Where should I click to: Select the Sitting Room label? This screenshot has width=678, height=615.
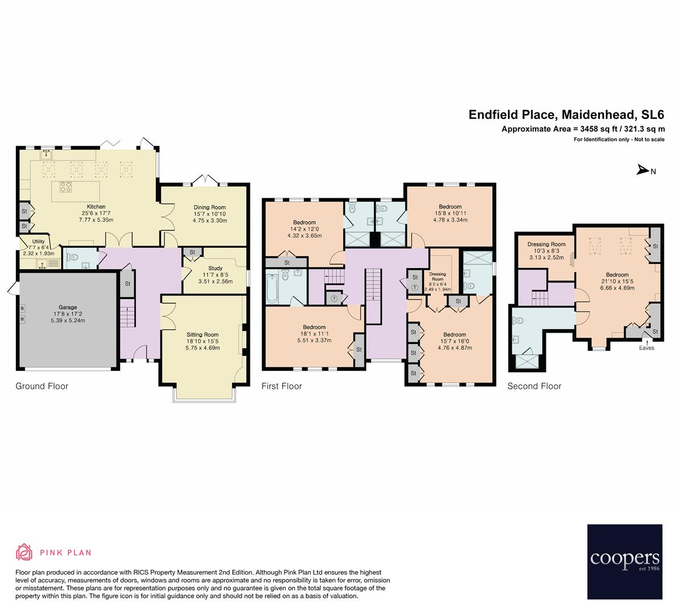[x=202, y=335]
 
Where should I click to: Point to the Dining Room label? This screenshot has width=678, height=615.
[x=209, y=207]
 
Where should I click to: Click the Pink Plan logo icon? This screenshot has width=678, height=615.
[x=24, y=552]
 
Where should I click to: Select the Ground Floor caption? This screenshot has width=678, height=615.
[x=42, y=386]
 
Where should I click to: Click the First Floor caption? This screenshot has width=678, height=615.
[x=281, y=386]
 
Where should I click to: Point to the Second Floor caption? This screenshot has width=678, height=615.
[x=534, y=386]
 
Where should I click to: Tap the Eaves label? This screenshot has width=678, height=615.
[x=647, y=348]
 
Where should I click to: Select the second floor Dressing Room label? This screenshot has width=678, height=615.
[x=546, y=244]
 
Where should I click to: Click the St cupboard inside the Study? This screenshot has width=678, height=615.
[x=192, y=252]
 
